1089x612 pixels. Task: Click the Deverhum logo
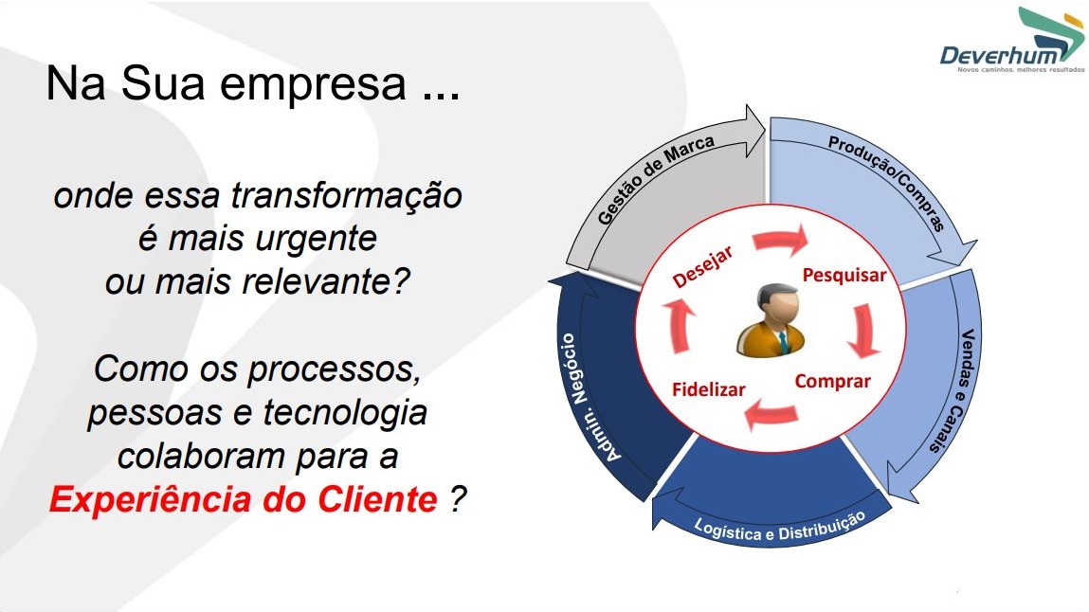click(1012, 40)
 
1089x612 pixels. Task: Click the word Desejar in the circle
click(702, 266)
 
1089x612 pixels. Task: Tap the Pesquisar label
click(844, 275)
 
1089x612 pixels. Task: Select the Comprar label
click(833, 382)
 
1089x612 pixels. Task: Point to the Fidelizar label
click(708, 389)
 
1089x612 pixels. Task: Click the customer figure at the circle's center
click(771, 320)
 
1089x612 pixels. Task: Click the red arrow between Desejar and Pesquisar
click(781, 240)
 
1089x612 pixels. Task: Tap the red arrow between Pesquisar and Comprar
click(863, 331)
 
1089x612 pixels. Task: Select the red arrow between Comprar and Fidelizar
click(771, 414)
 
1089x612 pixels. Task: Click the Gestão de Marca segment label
click(655, 180)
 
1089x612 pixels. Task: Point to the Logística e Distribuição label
click(779, 528)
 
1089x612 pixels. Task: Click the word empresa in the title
click(313, 84)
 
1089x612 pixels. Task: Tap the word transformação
click(346, 196)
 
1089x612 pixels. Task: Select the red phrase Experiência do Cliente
click(244, 499)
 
